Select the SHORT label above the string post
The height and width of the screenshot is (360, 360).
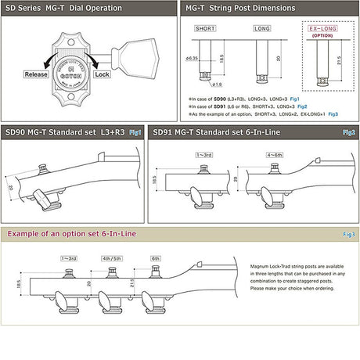(206, 29)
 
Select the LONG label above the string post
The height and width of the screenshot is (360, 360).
(261, 29)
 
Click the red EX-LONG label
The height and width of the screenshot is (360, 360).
(322, 27)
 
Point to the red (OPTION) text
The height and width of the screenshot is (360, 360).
(322, 35)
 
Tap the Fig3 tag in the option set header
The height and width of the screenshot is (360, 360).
(348, 234)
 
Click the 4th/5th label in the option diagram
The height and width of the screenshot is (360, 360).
(113, 257)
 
